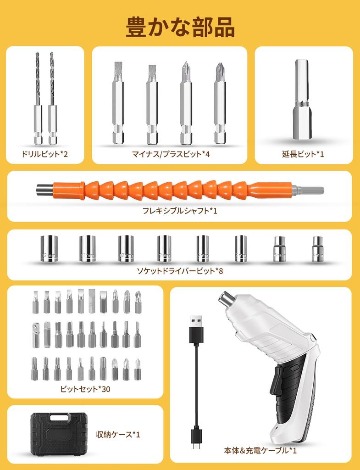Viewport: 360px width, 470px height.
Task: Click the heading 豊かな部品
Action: pos(180,28)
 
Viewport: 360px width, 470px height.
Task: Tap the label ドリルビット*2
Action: pos(44,154)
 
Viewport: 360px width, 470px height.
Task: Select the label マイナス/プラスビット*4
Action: pos(170,154)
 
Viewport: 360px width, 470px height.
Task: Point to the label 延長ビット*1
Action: pos(303,154)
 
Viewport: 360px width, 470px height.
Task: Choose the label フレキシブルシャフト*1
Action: pos(179,211)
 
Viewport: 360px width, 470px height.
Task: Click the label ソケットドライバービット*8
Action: pos(180,270)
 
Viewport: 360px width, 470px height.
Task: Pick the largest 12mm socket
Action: pos(49,248)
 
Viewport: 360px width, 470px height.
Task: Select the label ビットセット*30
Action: pos(85,389)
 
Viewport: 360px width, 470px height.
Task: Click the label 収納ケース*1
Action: pos(118,434)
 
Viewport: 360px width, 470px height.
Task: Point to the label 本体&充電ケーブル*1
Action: pos(260,450)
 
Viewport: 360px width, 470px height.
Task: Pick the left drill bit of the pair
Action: pos(38,99)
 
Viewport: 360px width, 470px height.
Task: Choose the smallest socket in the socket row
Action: pos(317,249)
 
